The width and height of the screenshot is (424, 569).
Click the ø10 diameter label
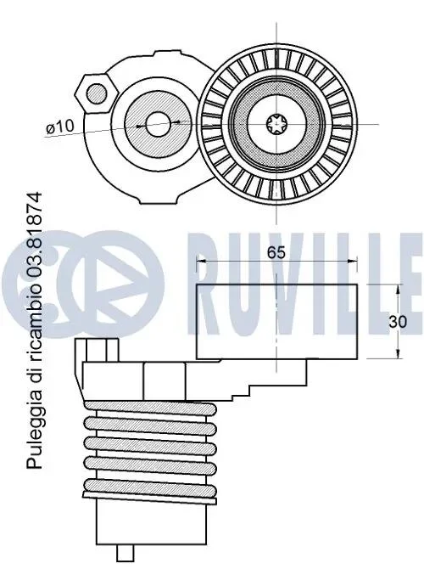click(x=60, y=127)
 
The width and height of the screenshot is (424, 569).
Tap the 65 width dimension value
click(x=276, y=252)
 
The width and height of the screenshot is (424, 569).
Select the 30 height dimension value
click(x=398, y=322)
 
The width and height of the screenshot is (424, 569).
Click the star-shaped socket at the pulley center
click(x=276, y=124)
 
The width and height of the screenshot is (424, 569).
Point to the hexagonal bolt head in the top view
click(x=97, y=93)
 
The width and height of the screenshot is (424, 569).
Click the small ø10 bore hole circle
click(x=158, y=124)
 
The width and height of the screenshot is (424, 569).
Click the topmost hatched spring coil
click(x=150, y=408)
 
